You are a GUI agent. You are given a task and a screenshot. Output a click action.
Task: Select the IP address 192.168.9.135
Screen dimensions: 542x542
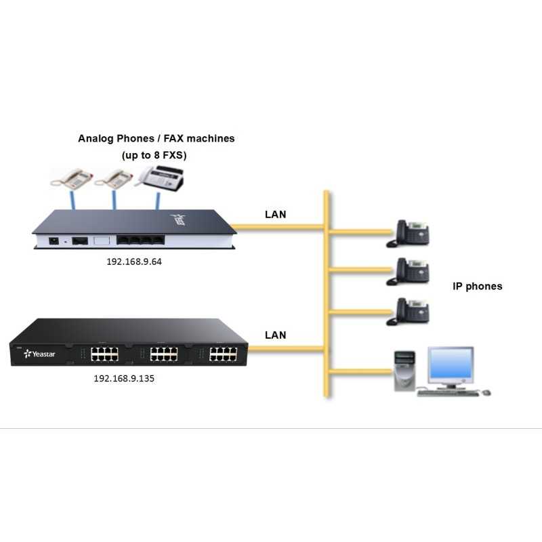point(124,379)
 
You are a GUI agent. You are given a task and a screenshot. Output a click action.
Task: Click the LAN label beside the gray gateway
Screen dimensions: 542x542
point(275,215)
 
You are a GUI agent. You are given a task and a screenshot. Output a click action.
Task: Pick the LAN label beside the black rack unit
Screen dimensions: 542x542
point(275,335)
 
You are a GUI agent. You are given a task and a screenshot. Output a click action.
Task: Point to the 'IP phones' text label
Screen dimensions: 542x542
point(478,286)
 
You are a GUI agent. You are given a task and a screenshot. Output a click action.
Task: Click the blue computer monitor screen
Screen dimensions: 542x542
point(450,366)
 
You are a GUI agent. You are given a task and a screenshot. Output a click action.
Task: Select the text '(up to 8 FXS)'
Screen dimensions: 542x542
point(154,155)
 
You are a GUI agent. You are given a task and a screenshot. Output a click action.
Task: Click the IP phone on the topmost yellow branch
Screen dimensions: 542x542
point(409,232)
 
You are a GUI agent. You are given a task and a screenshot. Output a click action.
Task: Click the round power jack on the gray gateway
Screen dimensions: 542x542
point(53,240)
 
